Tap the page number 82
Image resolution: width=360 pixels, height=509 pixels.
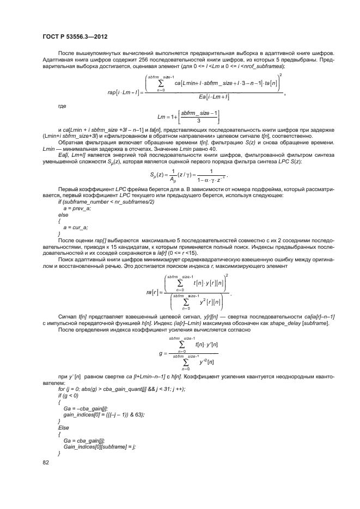click(46, 463)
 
